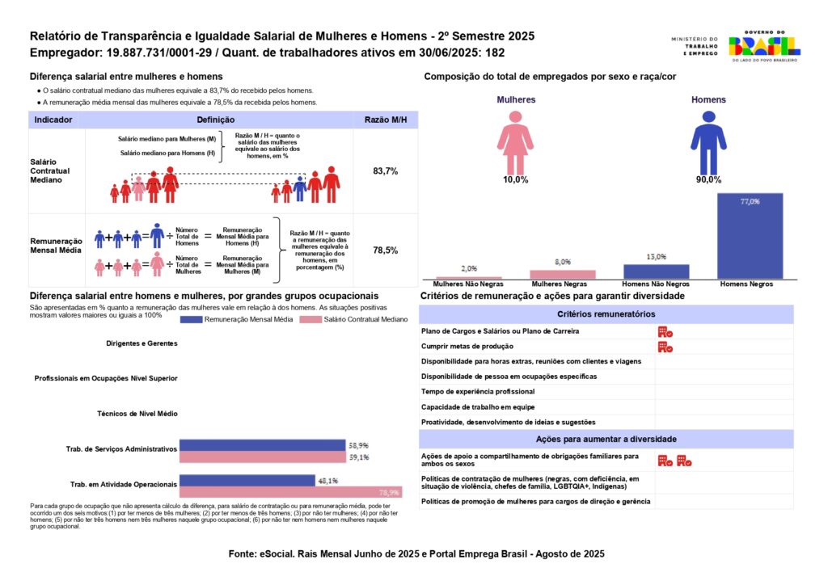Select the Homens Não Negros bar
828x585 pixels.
(x=656, y=271)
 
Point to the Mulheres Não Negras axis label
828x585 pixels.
(x=469, y=285)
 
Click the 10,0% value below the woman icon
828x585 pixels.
(x=515, y=179)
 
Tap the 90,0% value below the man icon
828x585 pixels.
(x=708, y=179)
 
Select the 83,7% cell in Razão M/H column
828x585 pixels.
(x=385, y=171)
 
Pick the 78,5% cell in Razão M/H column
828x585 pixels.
(x=385, y=250)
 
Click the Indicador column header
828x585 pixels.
(x=53, y=120)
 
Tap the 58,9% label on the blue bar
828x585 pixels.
(x=359, y=445)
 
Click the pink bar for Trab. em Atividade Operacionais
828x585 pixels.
(x=289, y=492)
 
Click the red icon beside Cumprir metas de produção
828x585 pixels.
(x=665, y=347)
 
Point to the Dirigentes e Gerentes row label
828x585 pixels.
(x=142, y=343)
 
